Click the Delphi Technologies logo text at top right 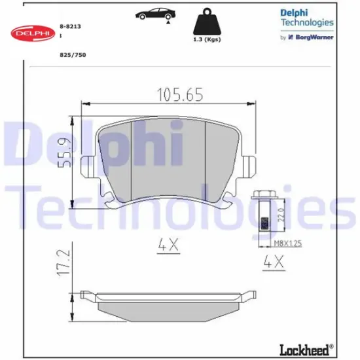(x=306, y=18)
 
